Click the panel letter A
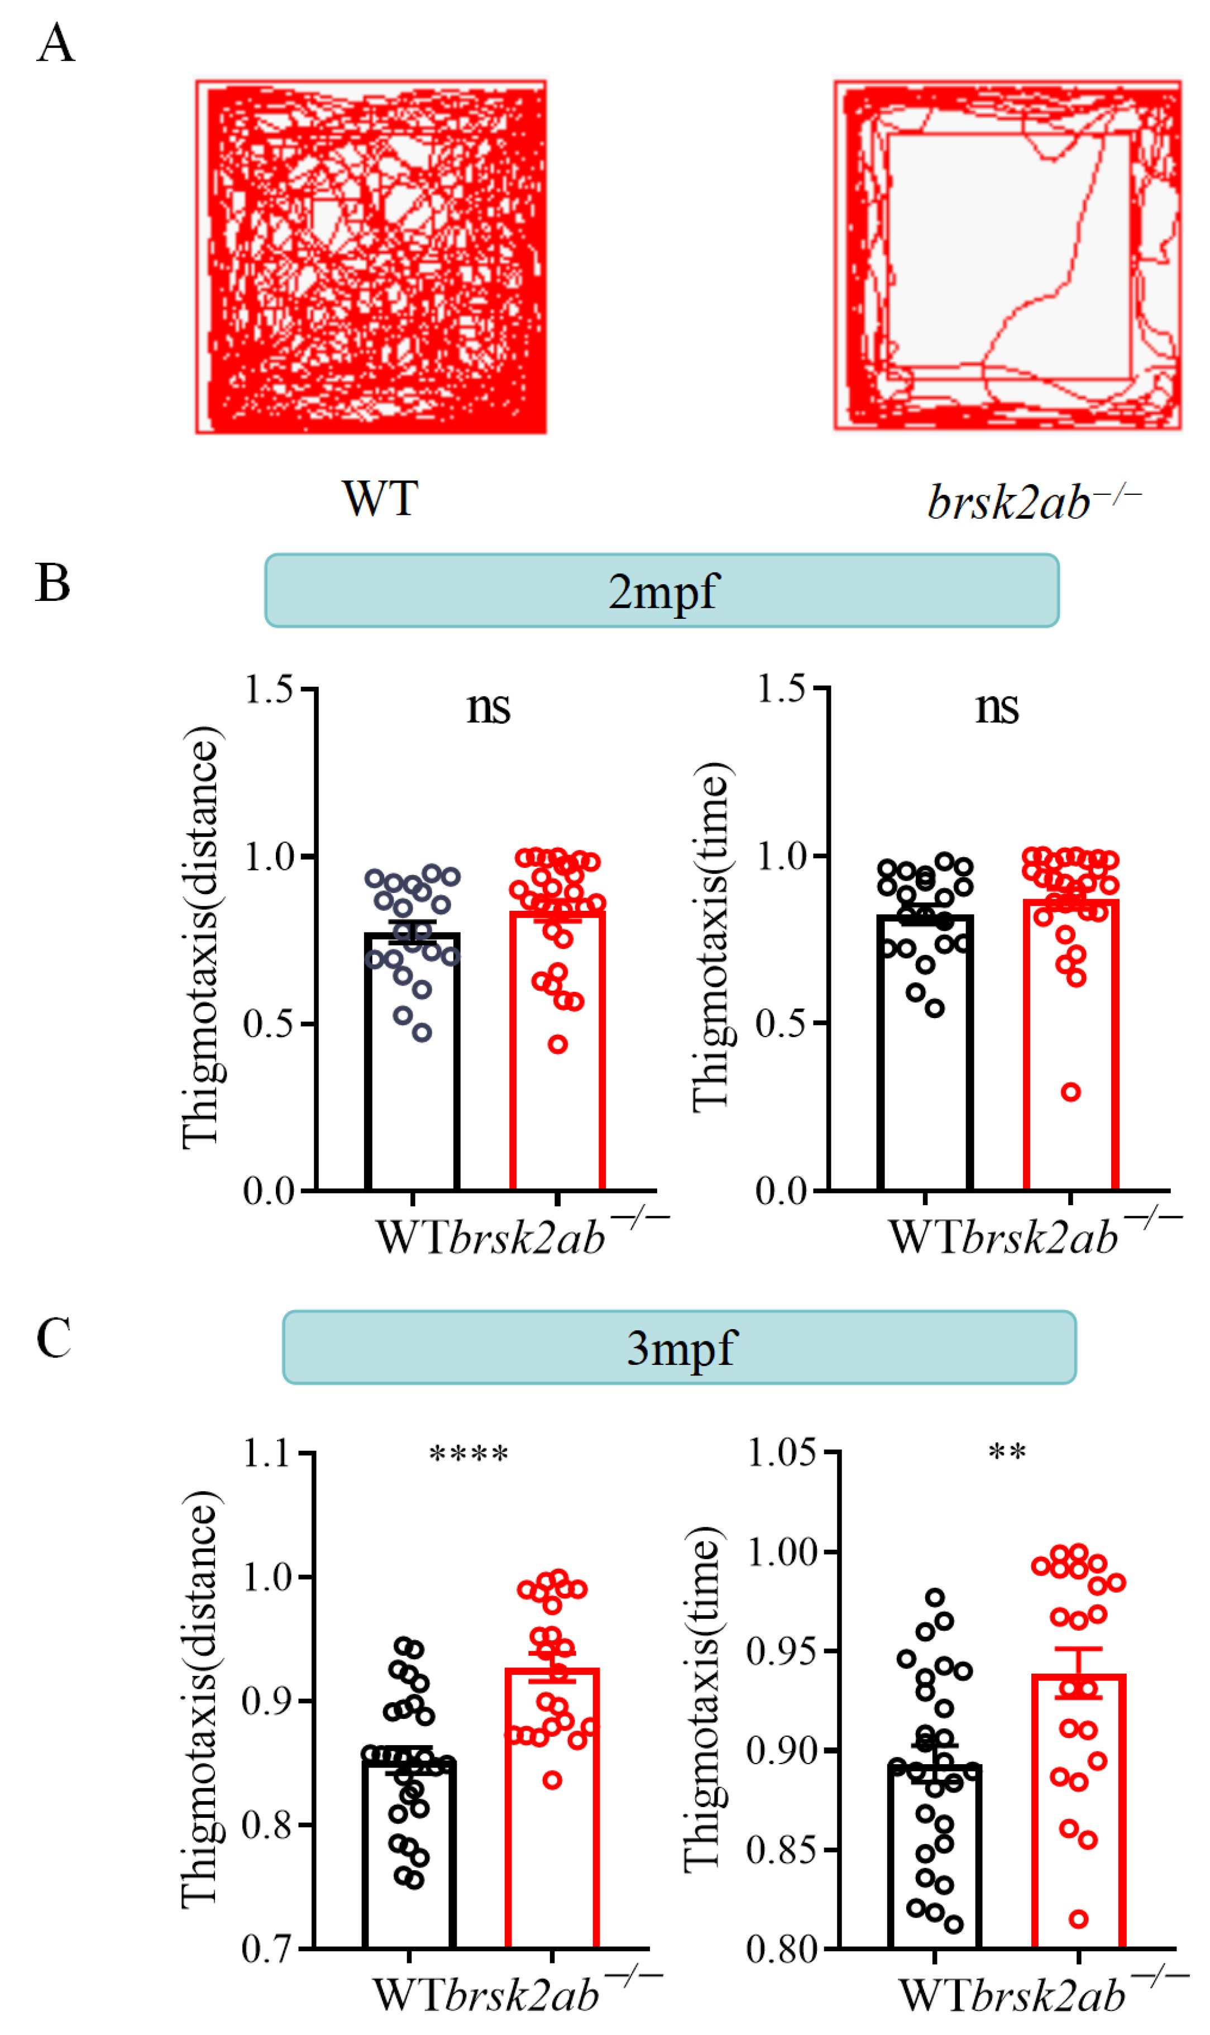click(x=55, y=42)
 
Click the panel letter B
click(x=53, y=584)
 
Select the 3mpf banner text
click(x=681, y=1349)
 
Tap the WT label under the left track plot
click(x=380, y=498)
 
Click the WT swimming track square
click(x=371, y=257)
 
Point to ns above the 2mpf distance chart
click(x=489, y=708)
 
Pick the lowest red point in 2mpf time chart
click(x=1070, y=1092)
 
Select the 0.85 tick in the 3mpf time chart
click(x=781, y=1851)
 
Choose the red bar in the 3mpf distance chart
click(x=552, y=1818)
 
